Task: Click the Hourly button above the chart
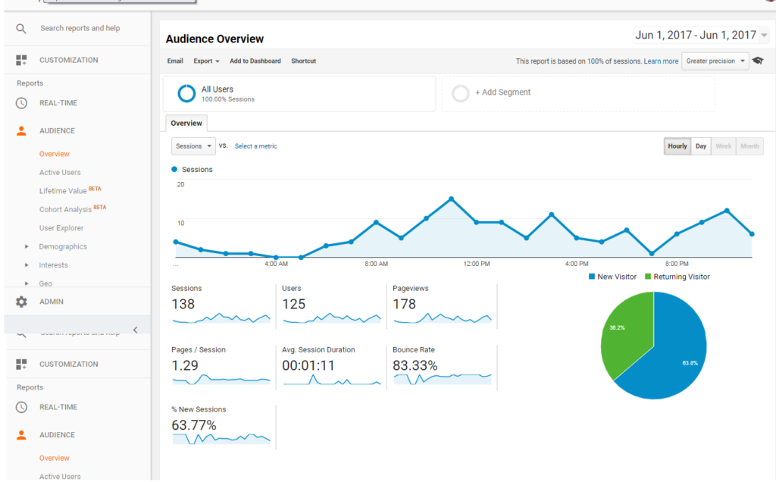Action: (677, 146)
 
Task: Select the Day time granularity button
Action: (701, 146)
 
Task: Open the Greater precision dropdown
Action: (715, 61)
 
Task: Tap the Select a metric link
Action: (255, 146)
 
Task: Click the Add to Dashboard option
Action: (255, 61)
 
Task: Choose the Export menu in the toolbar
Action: (206, 61)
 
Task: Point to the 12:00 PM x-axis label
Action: (476, 264)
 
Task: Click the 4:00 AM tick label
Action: (276, 264)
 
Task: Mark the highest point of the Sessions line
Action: (451, 199)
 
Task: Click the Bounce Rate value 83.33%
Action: (415, 365)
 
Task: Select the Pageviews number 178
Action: (404, 304)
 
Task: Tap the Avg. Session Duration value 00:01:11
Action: (308, 365)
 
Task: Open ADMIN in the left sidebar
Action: (52, 302)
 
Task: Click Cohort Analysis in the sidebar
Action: (67, 209)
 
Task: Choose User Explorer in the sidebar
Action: (61, 228)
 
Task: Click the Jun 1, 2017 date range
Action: (696, 35)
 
